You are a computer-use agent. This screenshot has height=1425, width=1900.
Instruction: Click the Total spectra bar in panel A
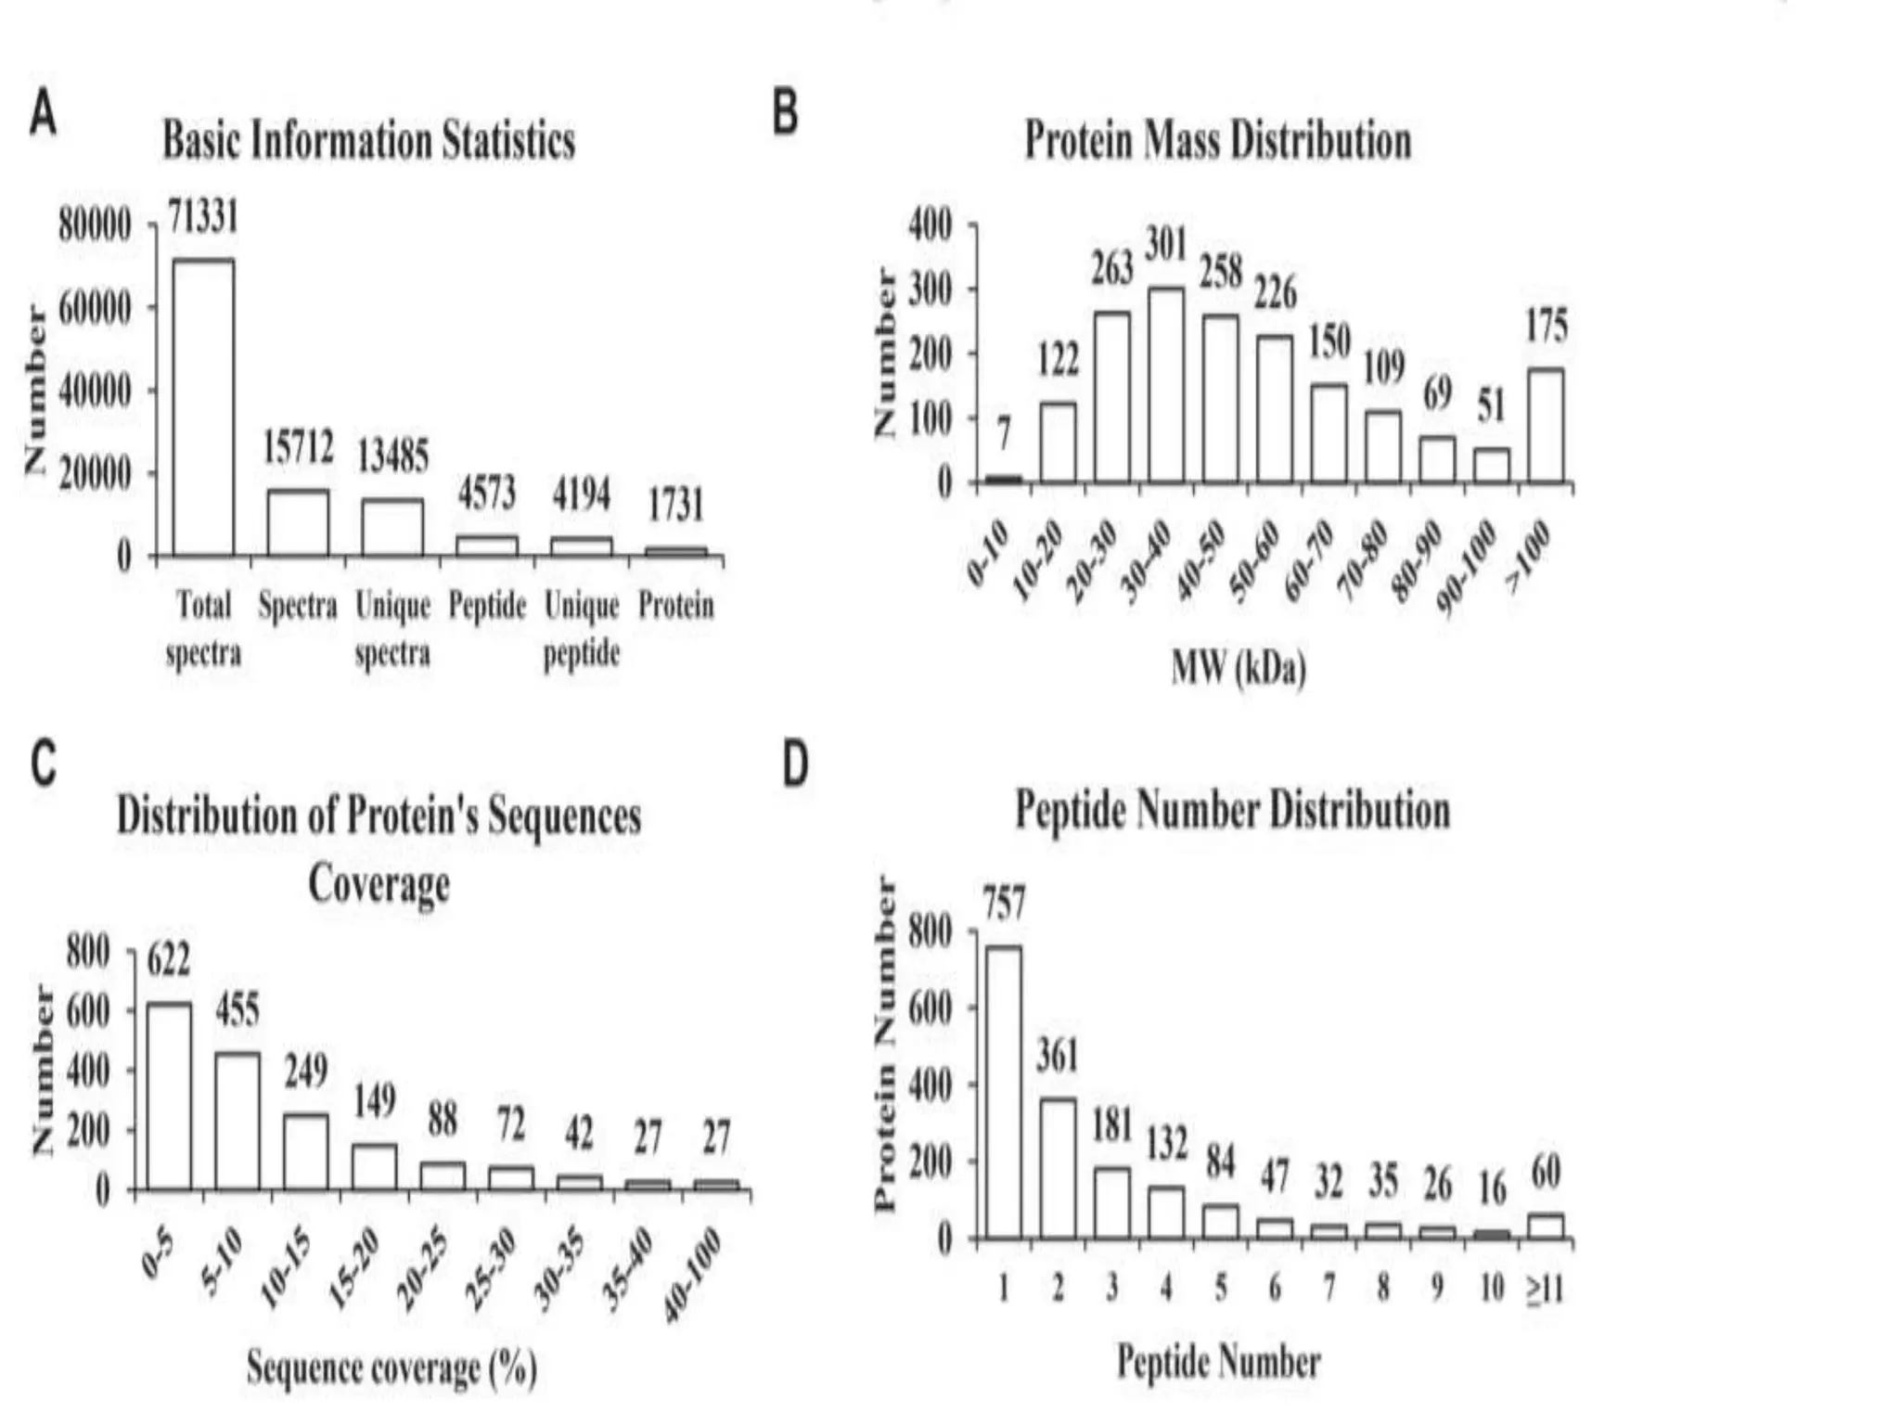click(203, 408)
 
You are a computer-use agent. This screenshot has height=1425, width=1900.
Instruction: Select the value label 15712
click(298, 447)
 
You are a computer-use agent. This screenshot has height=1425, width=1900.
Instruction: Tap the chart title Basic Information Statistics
click(368, 142)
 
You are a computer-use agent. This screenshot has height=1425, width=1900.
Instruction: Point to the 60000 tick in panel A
click(95, 309)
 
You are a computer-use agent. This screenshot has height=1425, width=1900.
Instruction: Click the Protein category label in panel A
click(675, 606)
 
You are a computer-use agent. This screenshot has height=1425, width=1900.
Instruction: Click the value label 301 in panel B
click(1166, 245)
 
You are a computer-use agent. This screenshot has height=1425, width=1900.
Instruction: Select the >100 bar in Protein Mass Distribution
click(1546, 425)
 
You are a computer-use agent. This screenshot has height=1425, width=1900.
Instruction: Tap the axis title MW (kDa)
click(1239, 667)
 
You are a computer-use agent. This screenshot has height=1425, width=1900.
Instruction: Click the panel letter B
click(785, 114)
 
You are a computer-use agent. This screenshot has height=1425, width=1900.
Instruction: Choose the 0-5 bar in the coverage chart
click(170, 1096)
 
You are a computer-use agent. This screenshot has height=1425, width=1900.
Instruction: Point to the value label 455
click(237, 1010)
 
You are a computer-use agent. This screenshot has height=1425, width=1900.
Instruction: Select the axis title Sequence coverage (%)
click(392, 1367)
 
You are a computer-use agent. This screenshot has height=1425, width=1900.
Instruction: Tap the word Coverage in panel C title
click(379, 884)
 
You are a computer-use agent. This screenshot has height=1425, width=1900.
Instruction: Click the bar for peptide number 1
click(1003, 1092)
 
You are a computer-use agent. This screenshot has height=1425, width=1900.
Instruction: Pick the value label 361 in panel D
click(1057, 1057)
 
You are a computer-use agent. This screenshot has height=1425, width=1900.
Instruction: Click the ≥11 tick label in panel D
click(1545, 1289)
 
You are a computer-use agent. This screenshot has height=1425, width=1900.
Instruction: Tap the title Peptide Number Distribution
click(1232, 810)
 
